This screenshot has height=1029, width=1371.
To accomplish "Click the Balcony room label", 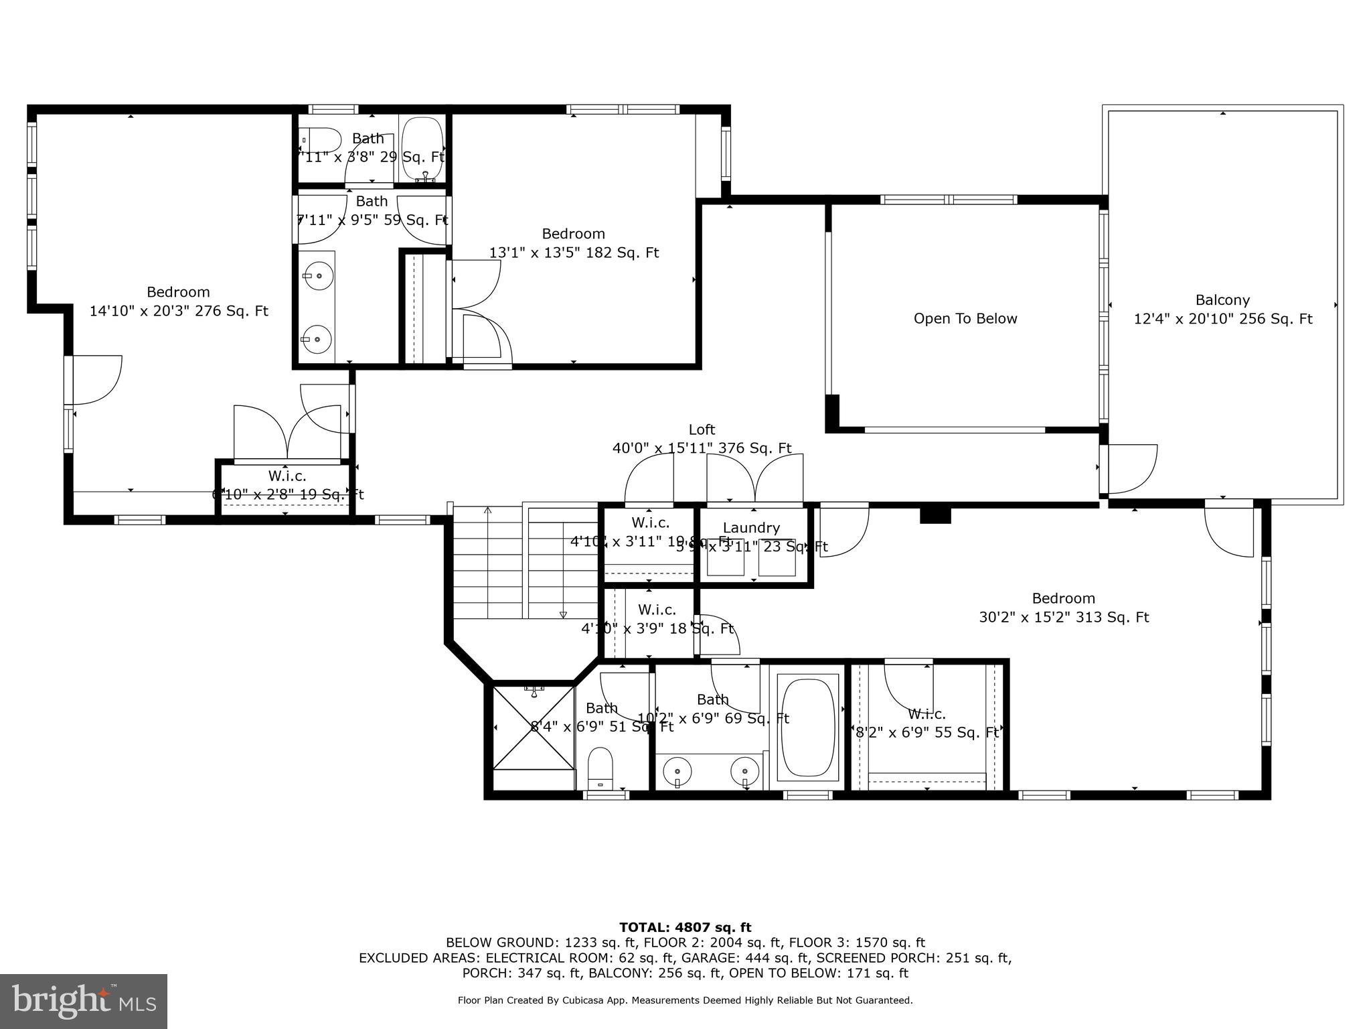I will click(1222, 300).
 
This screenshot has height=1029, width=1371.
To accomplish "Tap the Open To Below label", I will click(965, 319).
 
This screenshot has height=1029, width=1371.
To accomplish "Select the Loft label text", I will click(702, 429).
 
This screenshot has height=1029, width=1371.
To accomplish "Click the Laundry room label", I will click(751, 528).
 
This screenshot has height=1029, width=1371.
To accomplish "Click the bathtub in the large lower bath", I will click(808, 728).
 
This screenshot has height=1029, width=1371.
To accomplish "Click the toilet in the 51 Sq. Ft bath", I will click(600, 768).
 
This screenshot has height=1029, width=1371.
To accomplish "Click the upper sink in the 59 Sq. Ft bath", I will click(317, 275).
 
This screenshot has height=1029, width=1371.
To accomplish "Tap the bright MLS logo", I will click(83, 1001).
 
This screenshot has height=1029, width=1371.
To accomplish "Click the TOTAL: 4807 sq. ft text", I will click(685, 927).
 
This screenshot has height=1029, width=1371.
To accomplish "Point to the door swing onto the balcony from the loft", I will click(1131, 469).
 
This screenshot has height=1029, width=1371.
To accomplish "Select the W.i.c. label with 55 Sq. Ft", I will click(926, 714).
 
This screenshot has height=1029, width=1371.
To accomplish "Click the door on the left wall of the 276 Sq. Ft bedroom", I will click(94, 381).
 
